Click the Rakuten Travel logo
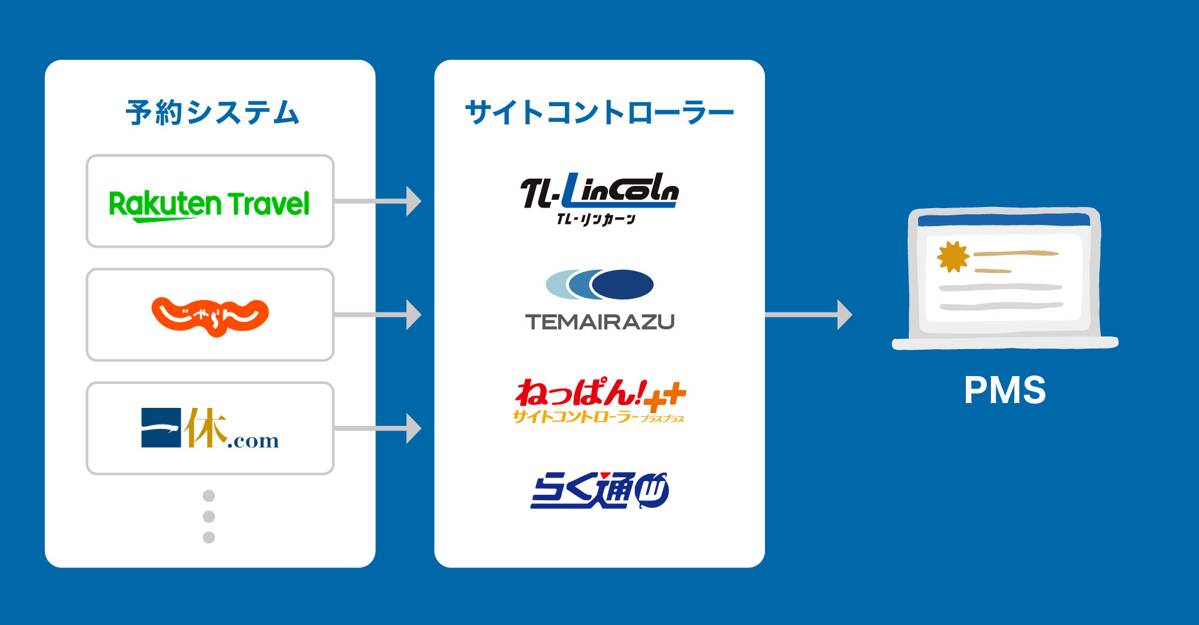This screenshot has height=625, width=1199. point(209,204)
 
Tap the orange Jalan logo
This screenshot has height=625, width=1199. point(210,316)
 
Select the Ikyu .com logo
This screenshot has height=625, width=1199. point(210,428)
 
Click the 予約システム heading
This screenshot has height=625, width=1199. point(212,113)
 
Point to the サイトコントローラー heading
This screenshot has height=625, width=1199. point(599,113)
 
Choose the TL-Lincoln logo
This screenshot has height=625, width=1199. point(599,191)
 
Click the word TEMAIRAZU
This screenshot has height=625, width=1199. point(599,322)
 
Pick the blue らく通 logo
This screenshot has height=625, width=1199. point(599,491)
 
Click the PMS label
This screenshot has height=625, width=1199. point(1005,390)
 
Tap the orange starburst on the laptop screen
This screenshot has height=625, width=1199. point(952,257)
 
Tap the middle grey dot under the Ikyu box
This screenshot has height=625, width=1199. point(209,516)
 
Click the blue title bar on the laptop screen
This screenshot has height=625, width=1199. point(1004,220)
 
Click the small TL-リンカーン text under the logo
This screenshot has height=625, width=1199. point(596,220)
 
